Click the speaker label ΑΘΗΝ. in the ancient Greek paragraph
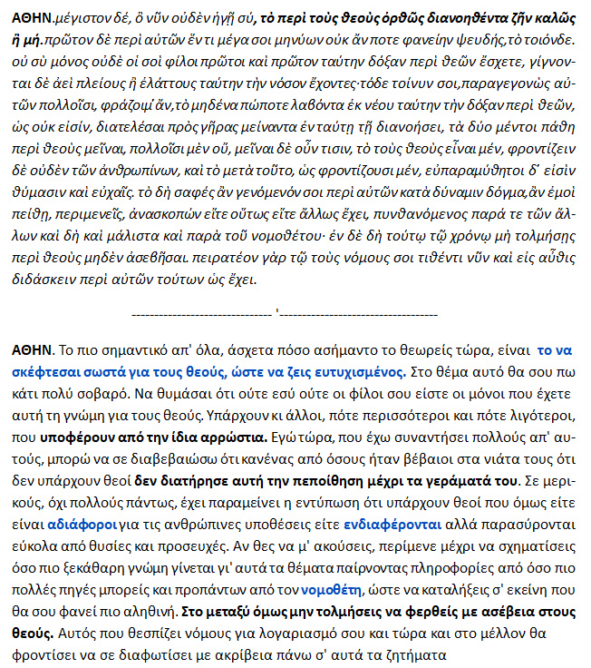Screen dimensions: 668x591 coord(32,17)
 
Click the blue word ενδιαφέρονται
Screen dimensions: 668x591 coord(392,524)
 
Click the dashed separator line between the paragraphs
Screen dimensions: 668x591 coord(295,314)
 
